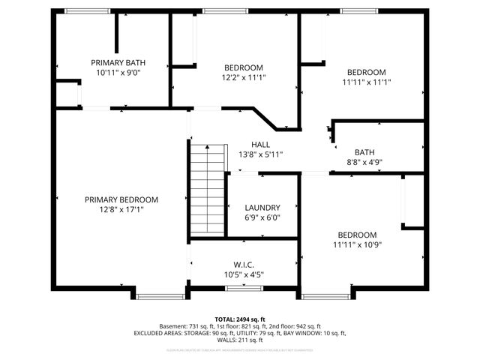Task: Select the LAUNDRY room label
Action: (x=262, y=208)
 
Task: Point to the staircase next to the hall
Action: (x=208, y=190)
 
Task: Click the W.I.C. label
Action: (x=244, y=265)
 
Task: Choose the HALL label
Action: (x=260, y=145)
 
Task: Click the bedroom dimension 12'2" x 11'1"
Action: (x=244, y=77)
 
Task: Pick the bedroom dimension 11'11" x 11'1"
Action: (x=367, y=82)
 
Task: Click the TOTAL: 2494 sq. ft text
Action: (x=239, y=319)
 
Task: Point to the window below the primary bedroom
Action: (x=160, y=295)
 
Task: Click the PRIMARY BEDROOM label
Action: (x=121, y=199)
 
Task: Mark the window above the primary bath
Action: (x=85, y=11)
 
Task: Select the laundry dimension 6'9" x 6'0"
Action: (x=262, y=218)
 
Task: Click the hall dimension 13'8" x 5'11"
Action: (x=260, y=154)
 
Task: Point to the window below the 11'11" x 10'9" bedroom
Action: (x=325, y=295)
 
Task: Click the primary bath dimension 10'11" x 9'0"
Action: (x=118, y=73)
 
